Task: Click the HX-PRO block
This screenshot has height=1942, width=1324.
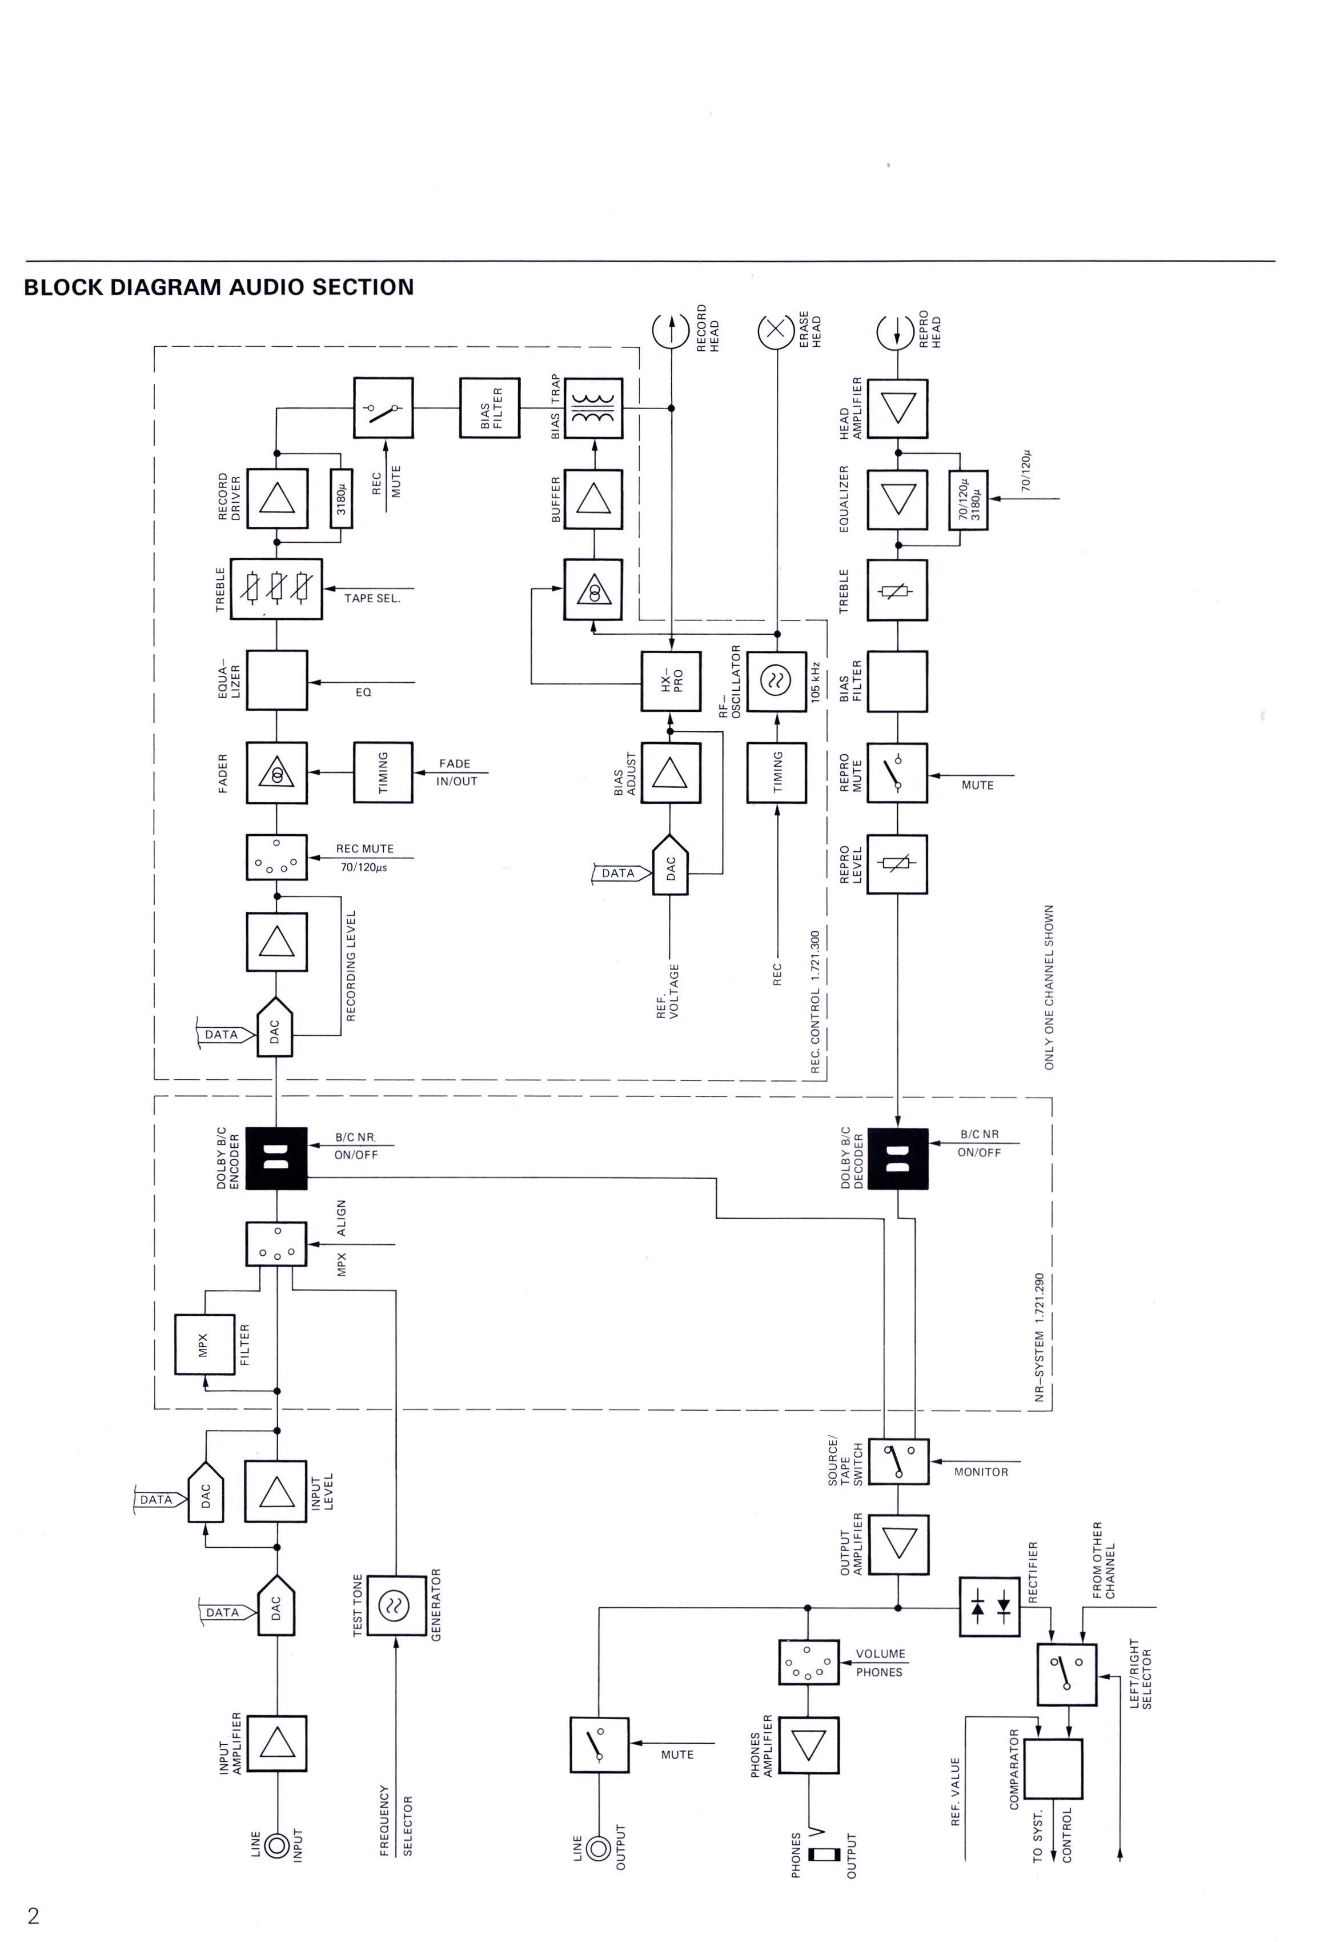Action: [x=671, y=681]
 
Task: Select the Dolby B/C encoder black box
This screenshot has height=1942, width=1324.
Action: [x=276, y=1158]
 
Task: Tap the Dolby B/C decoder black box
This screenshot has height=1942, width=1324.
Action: [x=898, y=1158]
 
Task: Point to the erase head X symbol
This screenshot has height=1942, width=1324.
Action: [x=776, y=332]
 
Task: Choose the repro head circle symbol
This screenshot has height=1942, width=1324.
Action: [x=896, y=332]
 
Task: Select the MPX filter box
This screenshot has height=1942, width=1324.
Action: [x=204, y=1344]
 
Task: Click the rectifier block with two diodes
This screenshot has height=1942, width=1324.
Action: [x=990, y=1606]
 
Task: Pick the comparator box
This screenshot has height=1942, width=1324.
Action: [x=1053, y=1769]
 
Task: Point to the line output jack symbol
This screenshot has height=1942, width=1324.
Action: [x=598, y=1848]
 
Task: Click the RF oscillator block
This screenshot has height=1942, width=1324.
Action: [x=776, y=681]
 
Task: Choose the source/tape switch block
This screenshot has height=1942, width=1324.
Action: [x=899, y=1461]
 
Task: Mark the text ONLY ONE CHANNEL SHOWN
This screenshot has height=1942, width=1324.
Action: [x=1049, y=987]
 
